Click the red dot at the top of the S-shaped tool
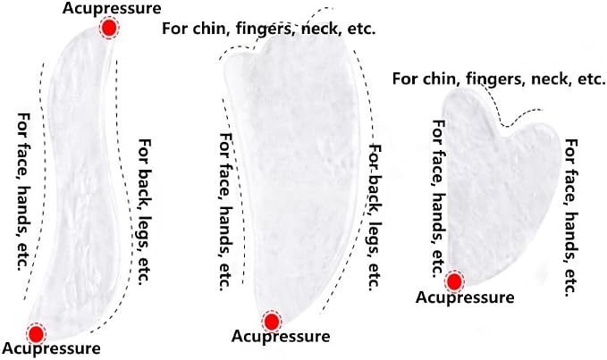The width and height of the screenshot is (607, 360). [109, 28]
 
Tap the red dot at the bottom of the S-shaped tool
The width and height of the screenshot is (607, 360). [36, 334]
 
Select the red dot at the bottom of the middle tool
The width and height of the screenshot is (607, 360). [272, 322]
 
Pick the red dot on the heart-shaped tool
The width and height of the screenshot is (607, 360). [454, 282]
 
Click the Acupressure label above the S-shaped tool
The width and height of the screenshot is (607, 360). [112, 9]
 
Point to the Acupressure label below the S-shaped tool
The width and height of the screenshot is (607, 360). [51, 348]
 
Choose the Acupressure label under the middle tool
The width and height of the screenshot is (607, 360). [281, 337]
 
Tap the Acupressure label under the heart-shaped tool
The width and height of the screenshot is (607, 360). [465, 297]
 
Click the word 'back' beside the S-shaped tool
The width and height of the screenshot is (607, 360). [145, 184]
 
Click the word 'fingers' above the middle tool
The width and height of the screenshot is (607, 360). [266, 29]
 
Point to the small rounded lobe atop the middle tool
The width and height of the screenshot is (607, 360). [237, 66]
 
